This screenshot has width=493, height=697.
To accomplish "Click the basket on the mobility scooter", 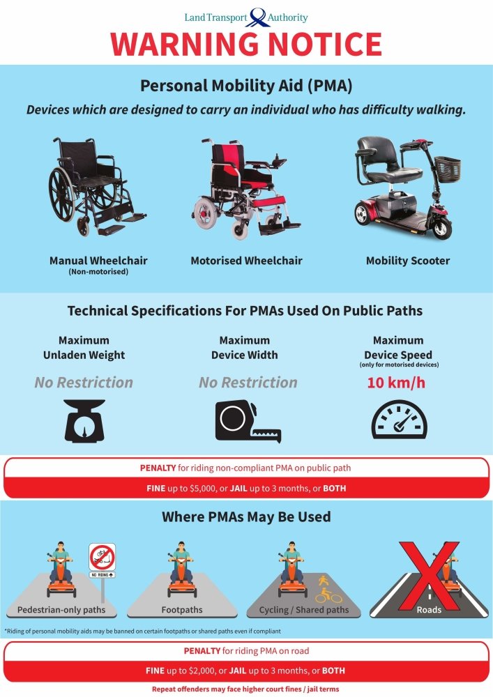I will tap(447, 167).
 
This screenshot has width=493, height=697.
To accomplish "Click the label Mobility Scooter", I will tap(408, 261).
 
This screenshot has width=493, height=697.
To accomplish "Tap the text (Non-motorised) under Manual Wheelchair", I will tap(98, 273).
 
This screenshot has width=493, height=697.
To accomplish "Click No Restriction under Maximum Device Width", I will tap(248, 382).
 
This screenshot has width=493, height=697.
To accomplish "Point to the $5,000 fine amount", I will tap(204, 489).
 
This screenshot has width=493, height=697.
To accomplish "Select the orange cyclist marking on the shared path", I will tap(325, 591).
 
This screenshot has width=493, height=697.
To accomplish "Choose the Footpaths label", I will tap(182, 610).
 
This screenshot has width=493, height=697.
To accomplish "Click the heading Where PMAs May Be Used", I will tap(246, 517).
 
